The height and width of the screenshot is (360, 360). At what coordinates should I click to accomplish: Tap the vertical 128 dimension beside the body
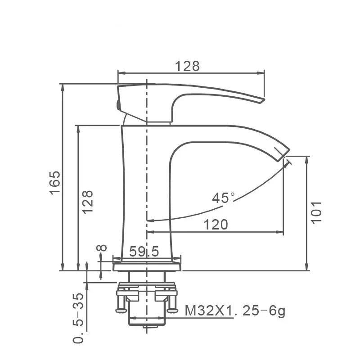88,201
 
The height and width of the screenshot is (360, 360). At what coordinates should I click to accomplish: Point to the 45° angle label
224,198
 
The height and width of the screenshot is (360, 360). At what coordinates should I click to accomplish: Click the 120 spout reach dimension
216,224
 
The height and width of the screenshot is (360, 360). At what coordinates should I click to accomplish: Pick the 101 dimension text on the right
317,211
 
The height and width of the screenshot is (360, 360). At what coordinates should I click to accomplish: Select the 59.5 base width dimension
144,252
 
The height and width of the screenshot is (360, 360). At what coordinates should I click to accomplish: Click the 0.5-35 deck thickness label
78,317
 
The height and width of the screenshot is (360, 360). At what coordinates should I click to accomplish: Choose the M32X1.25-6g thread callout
235,310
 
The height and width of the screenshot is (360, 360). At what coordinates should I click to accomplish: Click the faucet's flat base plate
148,266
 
